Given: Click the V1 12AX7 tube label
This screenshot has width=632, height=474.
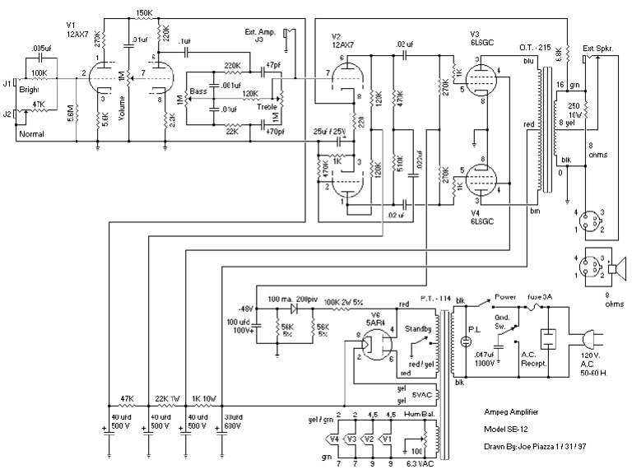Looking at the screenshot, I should pyautogui.click(x=77, y=30).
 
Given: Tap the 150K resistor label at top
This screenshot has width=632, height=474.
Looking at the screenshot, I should pyautogui.click(x=144, y=12).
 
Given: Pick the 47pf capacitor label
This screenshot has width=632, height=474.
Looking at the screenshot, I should pyautogui.click(x=273, y=63).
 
